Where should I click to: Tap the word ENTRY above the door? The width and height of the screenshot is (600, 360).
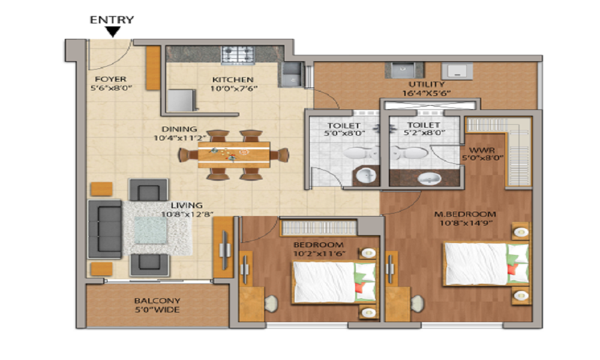(112, 20)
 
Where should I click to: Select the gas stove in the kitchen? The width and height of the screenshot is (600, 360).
(238, 55)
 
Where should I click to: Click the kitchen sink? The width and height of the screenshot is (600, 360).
(292, 74)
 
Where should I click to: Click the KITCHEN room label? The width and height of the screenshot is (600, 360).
(233, 80)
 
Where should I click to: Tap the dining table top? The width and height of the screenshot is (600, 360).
(234, 154)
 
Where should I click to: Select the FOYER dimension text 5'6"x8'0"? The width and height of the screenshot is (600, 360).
(111, 88)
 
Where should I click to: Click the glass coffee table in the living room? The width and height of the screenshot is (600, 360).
(151, 230)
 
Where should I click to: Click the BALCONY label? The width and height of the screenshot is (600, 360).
(157, 301)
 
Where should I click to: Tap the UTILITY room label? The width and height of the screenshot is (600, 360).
(427, 84)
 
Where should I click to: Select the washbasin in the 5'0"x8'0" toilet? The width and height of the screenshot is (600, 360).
(366, 176)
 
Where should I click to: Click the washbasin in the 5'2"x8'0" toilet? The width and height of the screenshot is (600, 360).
(429, 178)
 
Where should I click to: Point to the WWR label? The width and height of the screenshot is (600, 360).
(482, 150)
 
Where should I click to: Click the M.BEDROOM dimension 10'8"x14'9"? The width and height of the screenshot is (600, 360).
(465, 223)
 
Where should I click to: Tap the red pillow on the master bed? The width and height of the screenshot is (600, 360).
(511, 269)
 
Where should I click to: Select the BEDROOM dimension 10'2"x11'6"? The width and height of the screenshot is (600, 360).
(320, 253)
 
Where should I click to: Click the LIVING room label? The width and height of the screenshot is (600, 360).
(187, 205)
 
